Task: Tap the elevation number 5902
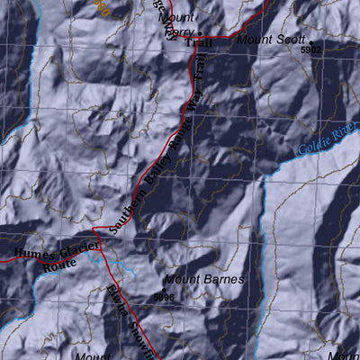(x=310, y=51)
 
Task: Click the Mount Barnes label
(x=204, y=280)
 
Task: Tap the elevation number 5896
(x=164, y=296)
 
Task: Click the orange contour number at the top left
(x=102, y=9)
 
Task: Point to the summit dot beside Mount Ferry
(x=200, y=29)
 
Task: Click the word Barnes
(x=223, y=280)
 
